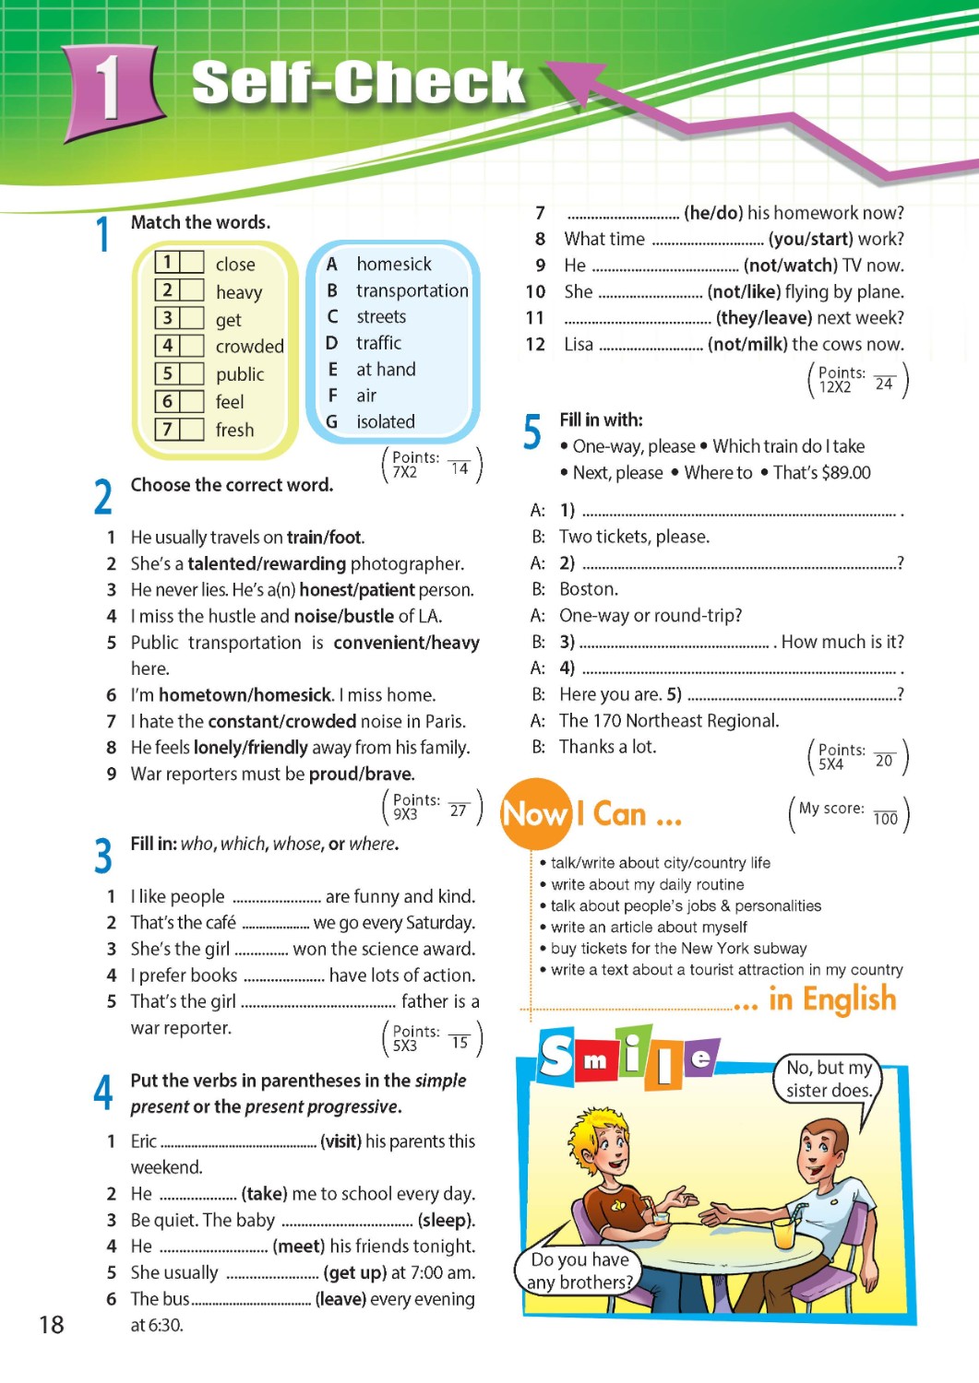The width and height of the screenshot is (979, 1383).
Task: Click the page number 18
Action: pos(52,1325)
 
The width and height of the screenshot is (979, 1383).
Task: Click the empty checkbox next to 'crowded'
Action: pos(192,346)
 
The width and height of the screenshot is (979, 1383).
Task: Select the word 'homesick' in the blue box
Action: pos(394,265)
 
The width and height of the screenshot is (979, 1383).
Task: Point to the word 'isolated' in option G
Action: pos(386,422)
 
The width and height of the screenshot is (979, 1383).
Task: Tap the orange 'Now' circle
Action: pos(534,814)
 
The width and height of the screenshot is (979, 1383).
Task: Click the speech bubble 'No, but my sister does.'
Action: pos(828,1080)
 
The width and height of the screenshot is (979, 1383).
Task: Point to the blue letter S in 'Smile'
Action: pos(556,1057)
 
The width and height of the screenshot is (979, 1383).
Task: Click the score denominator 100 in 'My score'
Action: pos(885,819)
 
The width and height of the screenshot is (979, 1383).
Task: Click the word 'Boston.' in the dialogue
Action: pos(589,589)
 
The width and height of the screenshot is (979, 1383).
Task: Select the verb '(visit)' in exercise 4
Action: pos(340,1141)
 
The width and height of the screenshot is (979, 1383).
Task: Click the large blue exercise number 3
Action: pos(103,856)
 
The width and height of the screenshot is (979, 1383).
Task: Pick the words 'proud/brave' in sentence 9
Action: pos(362,774)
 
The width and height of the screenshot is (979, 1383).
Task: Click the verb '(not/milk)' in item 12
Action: pos(747,345)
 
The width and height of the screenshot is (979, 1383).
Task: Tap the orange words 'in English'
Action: pos(832,999)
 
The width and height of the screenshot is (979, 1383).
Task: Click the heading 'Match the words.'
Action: pos(200,222)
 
